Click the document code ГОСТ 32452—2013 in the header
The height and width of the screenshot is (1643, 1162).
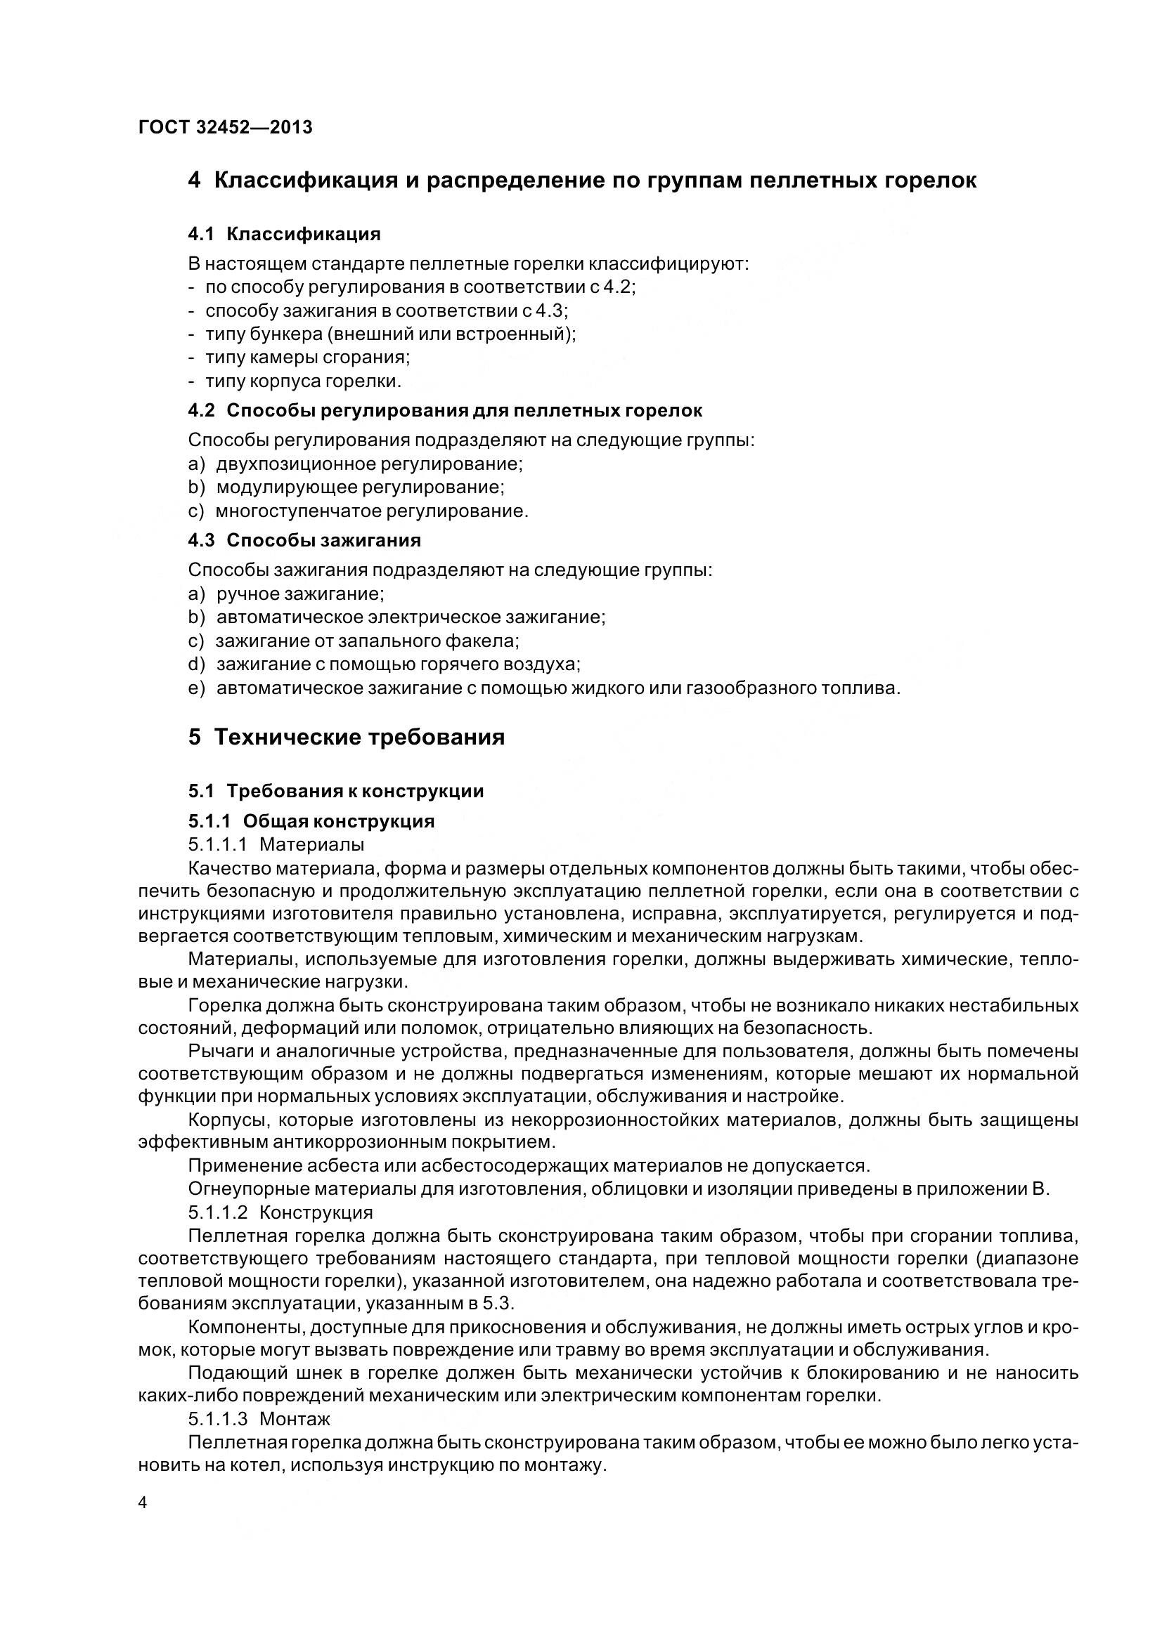(x=226, y=127)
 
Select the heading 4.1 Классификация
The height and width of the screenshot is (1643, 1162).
(x=284, y=234)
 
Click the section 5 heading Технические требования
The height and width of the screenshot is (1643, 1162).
(x=347, y=737)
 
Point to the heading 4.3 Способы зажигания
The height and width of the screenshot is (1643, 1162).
(x=304, y=540)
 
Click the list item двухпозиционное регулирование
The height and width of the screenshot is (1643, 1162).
(x=370, y=464)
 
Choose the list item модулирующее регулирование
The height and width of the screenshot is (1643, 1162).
(x=360, y=488)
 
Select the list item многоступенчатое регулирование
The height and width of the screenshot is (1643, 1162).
(x=372, y=511)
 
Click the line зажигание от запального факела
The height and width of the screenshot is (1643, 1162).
(x=367, y=641)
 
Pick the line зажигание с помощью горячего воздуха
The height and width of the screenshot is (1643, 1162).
(x=398, y=665)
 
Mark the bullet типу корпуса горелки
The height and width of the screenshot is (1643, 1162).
(x=303, y=381)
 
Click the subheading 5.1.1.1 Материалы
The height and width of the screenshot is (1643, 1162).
(x=276, y=844)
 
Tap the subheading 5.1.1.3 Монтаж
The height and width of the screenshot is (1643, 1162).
(x=259, y=1418)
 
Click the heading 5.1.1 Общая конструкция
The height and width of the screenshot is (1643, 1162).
(x=311, y=820)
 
